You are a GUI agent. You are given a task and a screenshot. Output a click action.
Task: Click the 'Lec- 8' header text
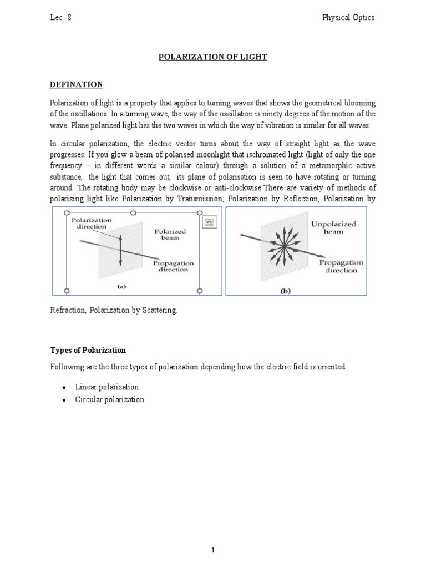[x=60, y=17]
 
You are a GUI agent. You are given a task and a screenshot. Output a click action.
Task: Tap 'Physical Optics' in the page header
[x=348, y=17]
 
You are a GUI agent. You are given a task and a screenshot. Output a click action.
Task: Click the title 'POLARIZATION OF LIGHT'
[x=213, y=58]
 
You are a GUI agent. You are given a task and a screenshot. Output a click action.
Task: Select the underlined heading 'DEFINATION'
[x=77, y=84]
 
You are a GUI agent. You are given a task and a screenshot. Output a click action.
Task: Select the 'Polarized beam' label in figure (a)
[x=171, y=234]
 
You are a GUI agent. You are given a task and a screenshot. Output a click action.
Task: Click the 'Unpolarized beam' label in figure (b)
[x=334, y=228]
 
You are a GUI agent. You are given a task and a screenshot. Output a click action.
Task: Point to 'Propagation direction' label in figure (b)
[x=341, y=266]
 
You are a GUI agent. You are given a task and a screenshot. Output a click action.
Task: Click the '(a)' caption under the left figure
[x=121, y=287]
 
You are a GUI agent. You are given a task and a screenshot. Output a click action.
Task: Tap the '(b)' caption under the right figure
[x=286, y=290]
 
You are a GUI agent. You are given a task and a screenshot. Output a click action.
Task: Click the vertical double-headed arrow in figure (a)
[x=120, y=250]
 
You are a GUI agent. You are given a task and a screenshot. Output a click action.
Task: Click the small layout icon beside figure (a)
[x=211, y=222]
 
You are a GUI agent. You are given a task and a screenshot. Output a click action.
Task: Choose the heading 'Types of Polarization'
[x=88, y=351]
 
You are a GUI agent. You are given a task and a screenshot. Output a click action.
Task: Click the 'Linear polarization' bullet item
[x=107, y=387]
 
